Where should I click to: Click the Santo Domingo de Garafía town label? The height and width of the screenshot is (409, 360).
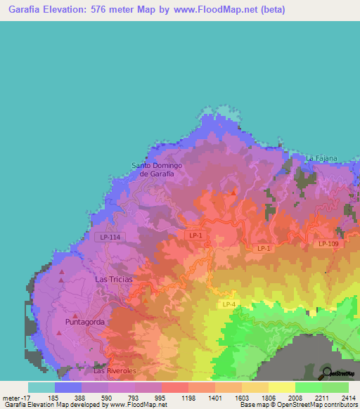tap(157, 169)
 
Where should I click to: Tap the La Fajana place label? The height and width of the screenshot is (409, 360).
tap(322, 158)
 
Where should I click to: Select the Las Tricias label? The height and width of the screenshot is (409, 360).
tap(112, 279)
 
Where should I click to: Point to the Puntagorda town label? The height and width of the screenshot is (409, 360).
tap(89, 322)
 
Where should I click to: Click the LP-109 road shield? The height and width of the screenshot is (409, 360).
tap(328, 244)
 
